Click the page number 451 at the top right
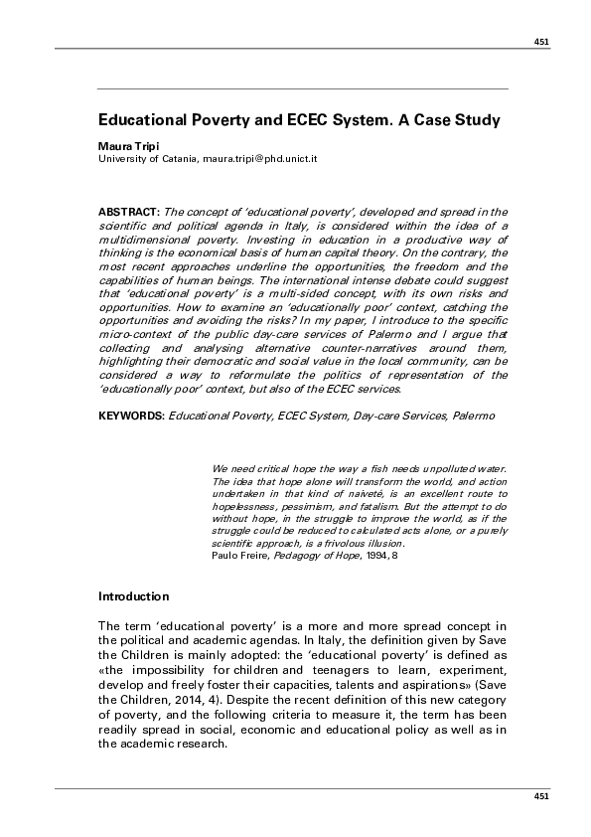541,42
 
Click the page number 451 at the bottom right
541,796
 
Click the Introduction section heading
134,597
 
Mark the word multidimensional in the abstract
145,240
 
